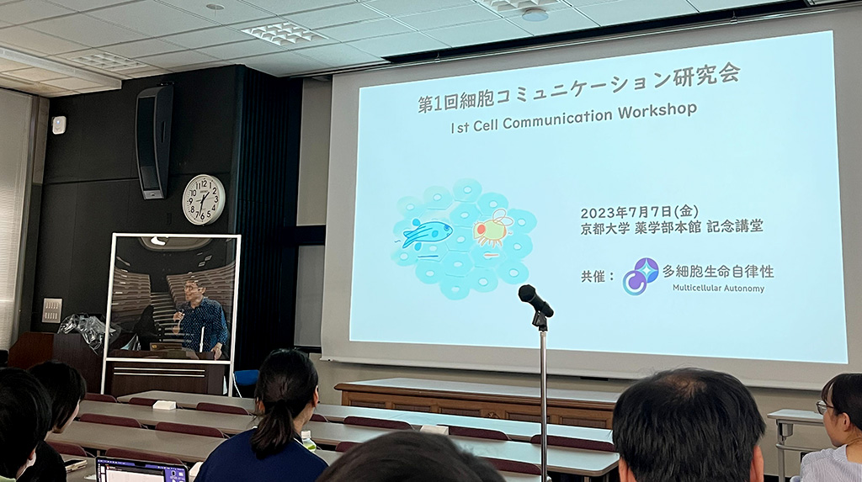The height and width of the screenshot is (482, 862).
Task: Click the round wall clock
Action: (x=204, y=199)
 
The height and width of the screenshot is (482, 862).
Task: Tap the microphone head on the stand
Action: (x=535, y=300)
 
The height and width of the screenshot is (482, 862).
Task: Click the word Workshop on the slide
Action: (x=657, y=111)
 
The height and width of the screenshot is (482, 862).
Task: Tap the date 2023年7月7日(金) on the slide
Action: (x=639, y=212)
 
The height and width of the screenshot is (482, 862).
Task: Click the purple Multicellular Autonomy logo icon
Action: (x=641, y=277)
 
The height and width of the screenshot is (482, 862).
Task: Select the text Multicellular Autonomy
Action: (x=718, y=288)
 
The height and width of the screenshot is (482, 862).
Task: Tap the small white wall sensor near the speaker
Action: (x=58, y=124)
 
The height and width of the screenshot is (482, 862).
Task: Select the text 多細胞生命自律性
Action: (x=718, y=271)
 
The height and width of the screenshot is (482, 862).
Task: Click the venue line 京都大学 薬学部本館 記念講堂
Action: (x=671, y=227)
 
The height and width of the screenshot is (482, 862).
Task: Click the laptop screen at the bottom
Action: (x=142, y=471)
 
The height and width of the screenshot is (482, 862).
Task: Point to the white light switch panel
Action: (x=52, y=310)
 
